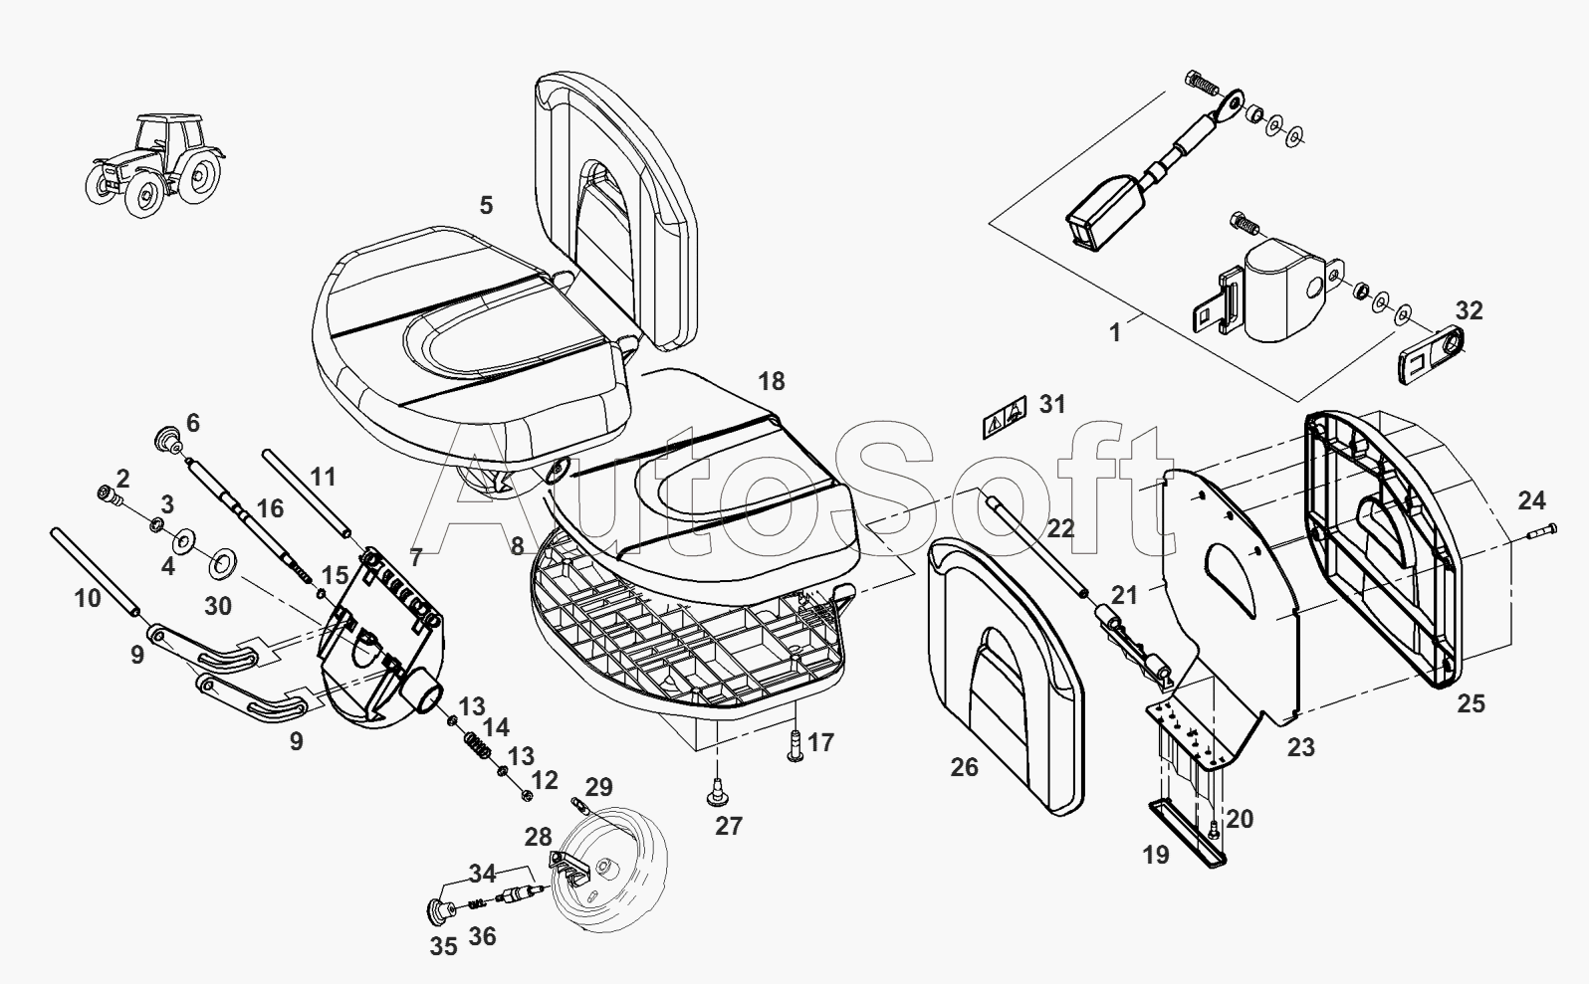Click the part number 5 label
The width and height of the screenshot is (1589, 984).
click(x=486, y=206)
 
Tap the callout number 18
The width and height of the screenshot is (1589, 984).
click(x=772, y=381)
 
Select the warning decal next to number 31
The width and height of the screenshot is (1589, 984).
click(x=1005, y=418)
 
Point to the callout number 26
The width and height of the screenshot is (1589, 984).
click(x=965, y=767)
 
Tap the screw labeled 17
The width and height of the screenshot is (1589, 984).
click(x=795, y=746)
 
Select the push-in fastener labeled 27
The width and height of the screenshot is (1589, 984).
click(x=718, y=791)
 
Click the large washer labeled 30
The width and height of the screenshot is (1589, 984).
click(x=223, y=563)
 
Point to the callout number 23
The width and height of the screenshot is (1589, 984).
click(x=1301, y=747)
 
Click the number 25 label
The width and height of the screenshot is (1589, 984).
click(x=1472, y=704)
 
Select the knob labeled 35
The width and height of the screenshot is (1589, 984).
click(x=439, y=910)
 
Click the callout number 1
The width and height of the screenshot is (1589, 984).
click(x=1115, y=332)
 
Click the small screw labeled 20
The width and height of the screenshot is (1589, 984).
click(x=1214, y=829)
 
